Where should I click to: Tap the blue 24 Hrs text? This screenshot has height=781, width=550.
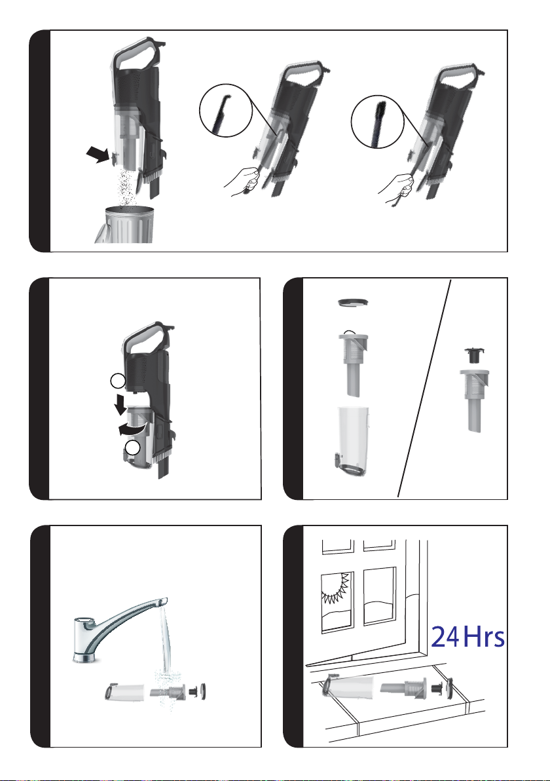click(467, 637)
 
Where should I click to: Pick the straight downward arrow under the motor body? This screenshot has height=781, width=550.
click(120, 404)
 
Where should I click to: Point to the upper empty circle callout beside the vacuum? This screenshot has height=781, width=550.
click(117, 381)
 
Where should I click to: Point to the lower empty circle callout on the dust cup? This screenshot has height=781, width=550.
click(132, 448)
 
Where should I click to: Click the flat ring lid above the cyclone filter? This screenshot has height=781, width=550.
click(353, 302)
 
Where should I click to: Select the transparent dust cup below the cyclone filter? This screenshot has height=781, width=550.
click(352, 439)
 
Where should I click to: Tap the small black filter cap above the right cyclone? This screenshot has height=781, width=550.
click(474, 356)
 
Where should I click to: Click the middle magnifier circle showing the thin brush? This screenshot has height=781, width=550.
click(227, 111)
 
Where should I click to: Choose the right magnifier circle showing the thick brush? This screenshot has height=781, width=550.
click(378, 121)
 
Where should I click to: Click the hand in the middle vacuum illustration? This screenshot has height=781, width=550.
click(242, 181)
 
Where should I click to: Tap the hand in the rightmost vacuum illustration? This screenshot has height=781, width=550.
click(396, 188)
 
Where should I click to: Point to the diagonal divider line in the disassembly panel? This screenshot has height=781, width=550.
click(424, 389)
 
